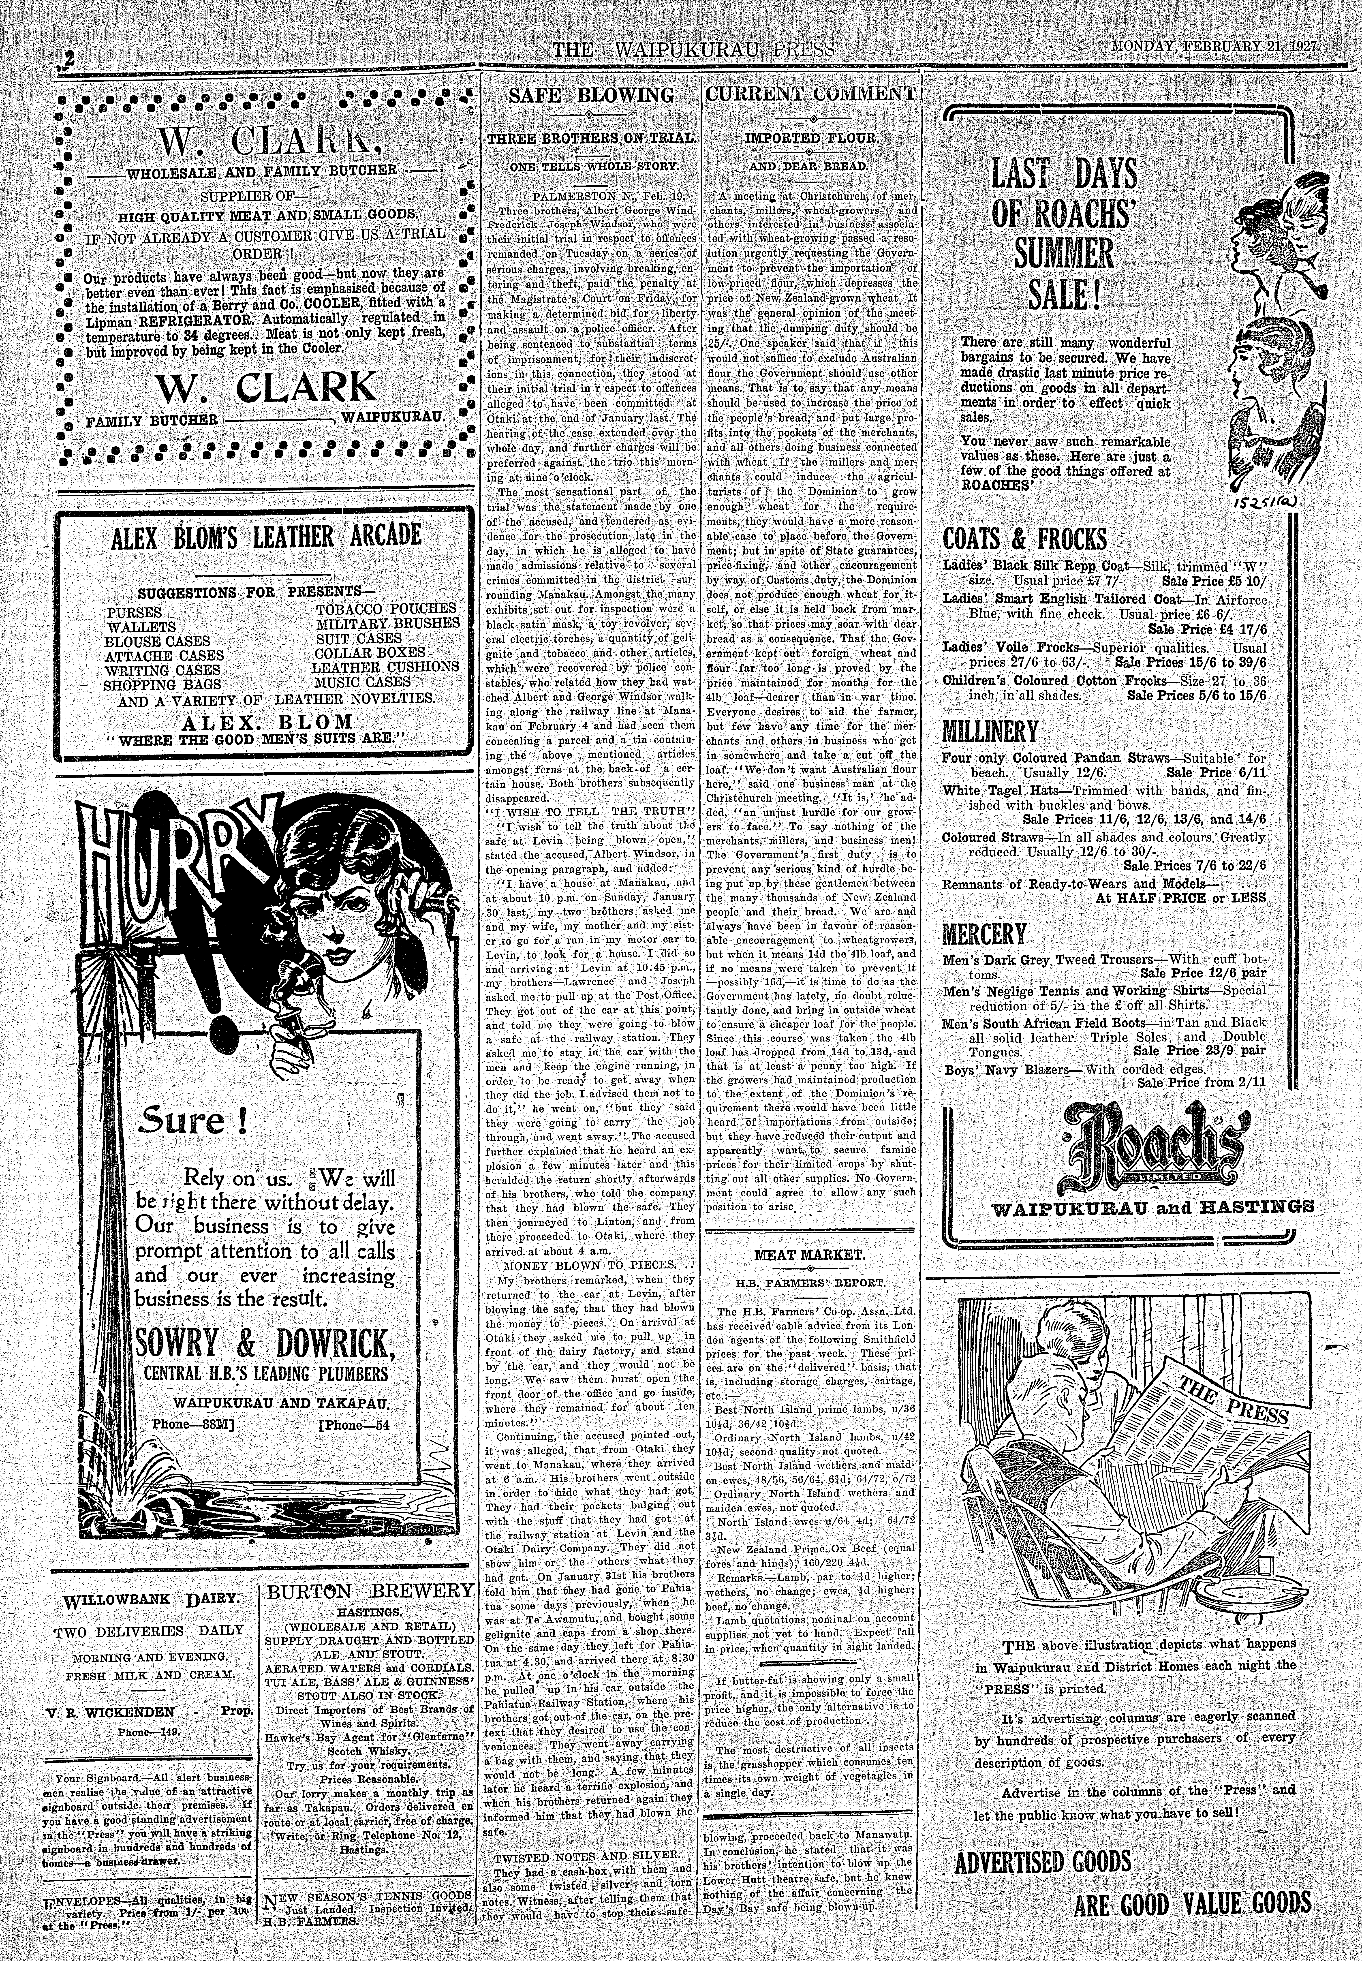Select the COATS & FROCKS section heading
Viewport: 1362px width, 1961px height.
point(1025,539)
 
